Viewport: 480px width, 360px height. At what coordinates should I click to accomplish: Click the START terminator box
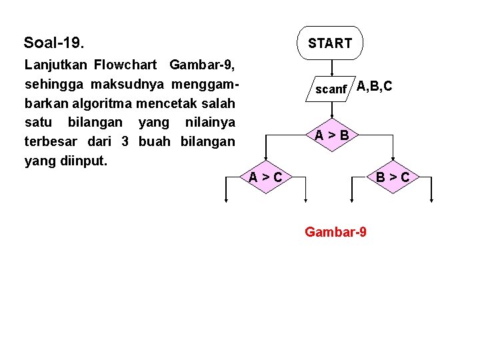click(330, 43)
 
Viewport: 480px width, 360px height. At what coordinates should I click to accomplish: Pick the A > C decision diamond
click(265, 177)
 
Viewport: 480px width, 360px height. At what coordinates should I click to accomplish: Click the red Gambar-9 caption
click(335, 232)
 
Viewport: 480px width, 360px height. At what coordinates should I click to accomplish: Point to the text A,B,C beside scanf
click(374, 86)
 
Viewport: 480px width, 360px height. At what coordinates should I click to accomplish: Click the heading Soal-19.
click(54, 43)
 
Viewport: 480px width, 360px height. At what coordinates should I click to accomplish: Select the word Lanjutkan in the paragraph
click(56, 65)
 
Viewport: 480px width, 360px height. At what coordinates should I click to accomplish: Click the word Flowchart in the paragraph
click(126, 65)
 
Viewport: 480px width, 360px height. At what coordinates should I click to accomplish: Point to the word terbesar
click(50, 141)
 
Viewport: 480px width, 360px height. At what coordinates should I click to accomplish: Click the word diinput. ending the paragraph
click(83, 161)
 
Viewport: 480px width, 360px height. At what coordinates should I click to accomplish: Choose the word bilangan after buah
click(207, 141)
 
